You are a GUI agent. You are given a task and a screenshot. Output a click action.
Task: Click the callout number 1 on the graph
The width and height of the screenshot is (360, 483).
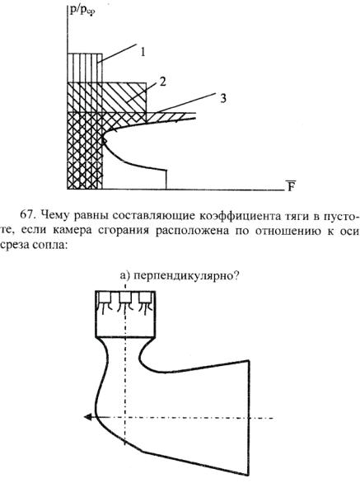(143, 52)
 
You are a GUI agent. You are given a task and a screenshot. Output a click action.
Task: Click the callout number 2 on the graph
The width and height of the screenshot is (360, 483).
(162, 82)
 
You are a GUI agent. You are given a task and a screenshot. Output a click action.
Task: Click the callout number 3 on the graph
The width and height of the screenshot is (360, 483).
(223, 98)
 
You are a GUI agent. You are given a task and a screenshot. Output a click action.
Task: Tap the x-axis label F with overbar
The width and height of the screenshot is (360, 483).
(291, 185)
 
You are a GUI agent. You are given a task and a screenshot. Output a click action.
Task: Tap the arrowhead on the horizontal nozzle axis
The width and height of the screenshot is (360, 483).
(88, 417)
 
